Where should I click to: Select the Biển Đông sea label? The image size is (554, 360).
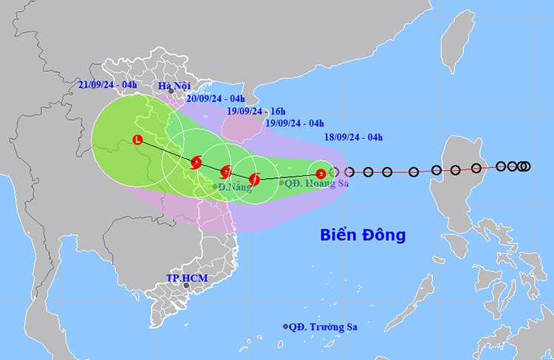363,235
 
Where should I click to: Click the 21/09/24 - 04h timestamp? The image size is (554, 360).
108,85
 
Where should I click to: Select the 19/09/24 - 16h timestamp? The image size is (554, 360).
255,111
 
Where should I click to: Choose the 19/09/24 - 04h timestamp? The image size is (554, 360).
295,123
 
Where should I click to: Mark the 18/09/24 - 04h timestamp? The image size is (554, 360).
354,137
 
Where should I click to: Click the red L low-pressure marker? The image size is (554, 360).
137,139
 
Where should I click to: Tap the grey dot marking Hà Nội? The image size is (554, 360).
171,92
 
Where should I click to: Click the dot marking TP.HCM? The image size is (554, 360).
186,285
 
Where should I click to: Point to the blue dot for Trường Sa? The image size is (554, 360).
286,327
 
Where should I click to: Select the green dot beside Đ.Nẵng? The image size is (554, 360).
215,186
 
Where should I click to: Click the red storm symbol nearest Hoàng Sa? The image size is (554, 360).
320,174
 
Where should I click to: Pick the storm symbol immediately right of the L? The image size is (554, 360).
196,163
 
